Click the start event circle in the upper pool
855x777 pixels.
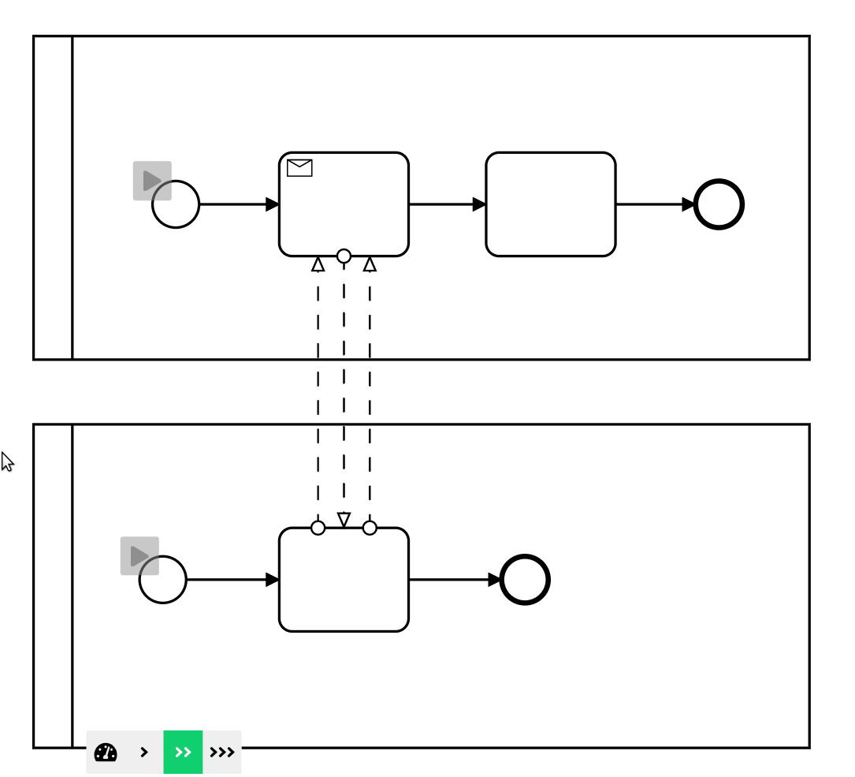tap(176, 204)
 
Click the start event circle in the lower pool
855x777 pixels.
tap(163, 580)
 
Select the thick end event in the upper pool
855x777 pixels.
tap(719, 204)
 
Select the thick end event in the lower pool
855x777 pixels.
tap(525, 580)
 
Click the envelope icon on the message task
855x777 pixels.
tap(299, 167)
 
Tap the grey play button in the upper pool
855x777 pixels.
tap(151, 181)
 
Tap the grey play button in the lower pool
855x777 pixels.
tap(139, 556)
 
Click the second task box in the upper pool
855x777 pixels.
tap(550, 204)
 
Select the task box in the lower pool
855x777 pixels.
tap(344, 580)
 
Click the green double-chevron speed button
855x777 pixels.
tap(183, 752)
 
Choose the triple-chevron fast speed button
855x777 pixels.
tap(222, 752)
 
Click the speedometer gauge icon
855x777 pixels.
tap(106, 752)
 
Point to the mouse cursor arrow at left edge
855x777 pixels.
tap(7, 461)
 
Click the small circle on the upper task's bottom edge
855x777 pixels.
tap(344, 256)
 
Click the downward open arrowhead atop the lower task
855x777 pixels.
tap(344, 519)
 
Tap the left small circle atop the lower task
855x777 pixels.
tap(318, 528)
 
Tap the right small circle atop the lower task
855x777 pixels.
tap(370, 528)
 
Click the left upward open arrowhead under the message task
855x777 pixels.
tap(318, 264)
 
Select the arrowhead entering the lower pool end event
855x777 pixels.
tap(494, 580)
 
